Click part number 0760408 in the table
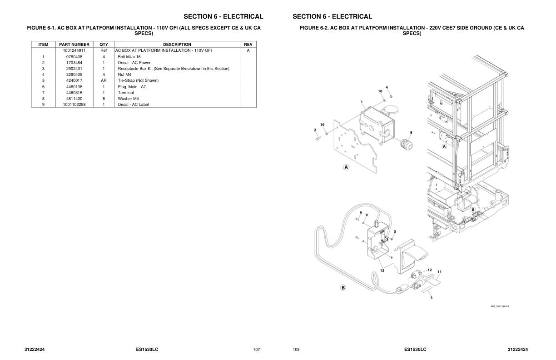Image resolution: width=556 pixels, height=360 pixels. [x=74, y=57]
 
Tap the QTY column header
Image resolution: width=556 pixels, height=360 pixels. [x=104, y=45]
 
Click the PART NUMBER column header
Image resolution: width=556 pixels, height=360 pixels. [x=74, y=45]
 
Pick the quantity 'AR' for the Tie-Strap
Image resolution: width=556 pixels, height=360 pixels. [x=104, y=80]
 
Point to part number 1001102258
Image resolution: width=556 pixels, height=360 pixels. [x=74, y=105]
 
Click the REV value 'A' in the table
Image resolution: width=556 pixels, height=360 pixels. [x=248, y=50]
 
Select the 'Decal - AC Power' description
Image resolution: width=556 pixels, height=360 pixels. [x=134, y=63]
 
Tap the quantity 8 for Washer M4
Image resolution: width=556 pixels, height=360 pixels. [x=104, y=99]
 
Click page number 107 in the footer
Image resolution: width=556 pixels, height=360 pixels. [x=257, y=350]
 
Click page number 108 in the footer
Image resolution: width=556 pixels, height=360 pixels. [x=296, y=350]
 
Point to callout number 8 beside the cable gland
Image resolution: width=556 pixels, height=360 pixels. [x=411, y=133]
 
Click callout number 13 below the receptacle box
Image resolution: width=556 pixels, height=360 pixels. [x=382, y=270]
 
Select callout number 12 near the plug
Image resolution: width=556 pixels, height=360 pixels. [x=429, y=270]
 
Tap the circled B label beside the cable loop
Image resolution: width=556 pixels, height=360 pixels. [x=343, y=287]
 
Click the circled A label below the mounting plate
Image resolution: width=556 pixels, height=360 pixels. [x=346, y=167]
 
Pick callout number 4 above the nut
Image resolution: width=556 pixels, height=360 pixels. [x=387, y=87]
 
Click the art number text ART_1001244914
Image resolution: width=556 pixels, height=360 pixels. [x=500, y=306]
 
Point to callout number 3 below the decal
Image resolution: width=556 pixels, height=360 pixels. [x=431, y=298]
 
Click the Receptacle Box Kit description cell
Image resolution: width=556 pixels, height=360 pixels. [x=174, y=69]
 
